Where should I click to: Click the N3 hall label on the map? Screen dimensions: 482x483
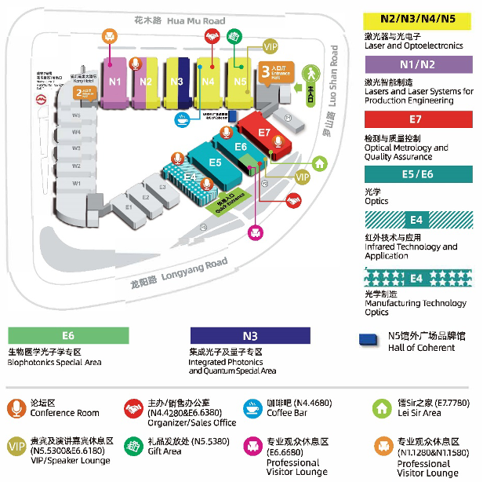point(176,81)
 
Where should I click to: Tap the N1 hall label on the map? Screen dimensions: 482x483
point(115,81)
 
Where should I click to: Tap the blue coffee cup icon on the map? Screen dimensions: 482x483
point(181,119)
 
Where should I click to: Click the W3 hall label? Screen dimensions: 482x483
point(76,148)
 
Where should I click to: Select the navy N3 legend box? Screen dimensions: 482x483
point(250,335)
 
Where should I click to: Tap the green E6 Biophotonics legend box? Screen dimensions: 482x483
point(68,335)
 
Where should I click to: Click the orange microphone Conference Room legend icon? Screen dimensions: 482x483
point(17,408)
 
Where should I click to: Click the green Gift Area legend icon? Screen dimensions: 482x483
point(133,447)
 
